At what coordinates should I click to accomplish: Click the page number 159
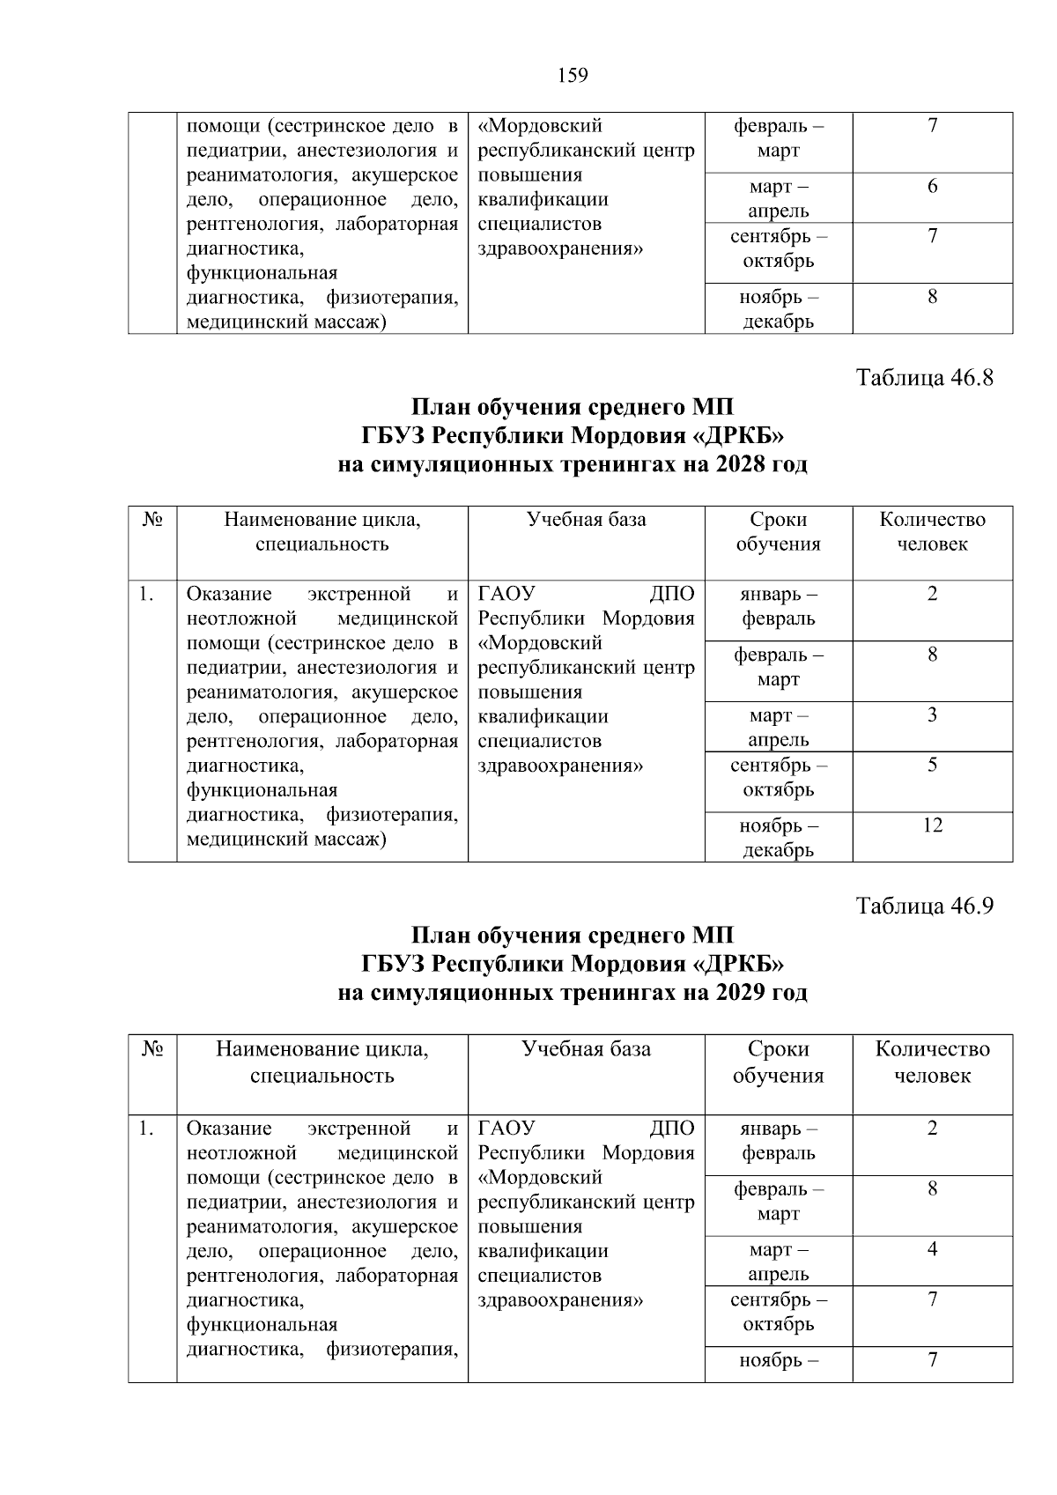(x=573, y=76)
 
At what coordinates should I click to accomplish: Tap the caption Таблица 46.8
(x=924, y=379)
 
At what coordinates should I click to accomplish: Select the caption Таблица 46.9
(x=924, y=907)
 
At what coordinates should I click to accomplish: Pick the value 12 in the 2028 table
(x=932, y=825)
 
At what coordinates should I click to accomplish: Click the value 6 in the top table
(x=932, y=187)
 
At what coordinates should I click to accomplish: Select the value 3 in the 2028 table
(x=932, y=714)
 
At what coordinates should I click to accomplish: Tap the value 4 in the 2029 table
(x=932, y=1249)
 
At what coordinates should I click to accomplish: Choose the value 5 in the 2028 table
(x=932, y=765)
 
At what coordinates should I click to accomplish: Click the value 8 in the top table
(x=932, y=297)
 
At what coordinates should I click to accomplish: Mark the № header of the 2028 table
(x=152, y=520)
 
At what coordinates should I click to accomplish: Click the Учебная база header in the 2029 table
(x=587, y=1049)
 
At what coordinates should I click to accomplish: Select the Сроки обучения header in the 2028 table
(x=779, y=531)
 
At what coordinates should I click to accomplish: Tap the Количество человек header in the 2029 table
(x=932, y=1062)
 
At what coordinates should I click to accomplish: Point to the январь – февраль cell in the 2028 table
(x=779, y=606)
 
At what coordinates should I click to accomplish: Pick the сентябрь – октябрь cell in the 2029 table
(x=779, y=1312)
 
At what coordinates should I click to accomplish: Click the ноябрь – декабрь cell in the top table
(x=779, y=309)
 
